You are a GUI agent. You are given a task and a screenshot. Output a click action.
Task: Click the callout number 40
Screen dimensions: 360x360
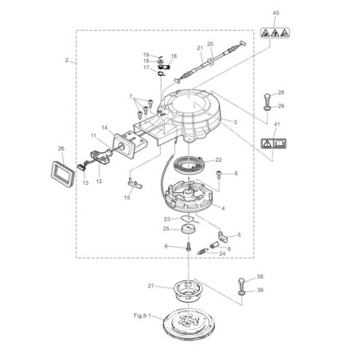coord(276,13)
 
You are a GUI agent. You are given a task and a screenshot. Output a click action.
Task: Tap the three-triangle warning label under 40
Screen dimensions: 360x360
coord(275,33)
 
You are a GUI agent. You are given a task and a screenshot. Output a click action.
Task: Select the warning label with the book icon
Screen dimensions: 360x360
coord(273,143)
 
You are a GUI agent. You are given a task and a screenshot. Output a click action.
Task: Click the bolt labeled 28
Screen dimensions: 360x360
coord(268,99)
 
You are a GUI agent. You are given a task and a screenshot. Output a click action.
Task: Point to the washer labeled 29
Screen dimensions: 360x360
coord(268,108)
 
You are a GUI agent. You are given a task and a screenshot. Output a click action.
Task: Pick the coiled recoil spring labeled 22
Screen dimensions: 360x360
coord(188,165)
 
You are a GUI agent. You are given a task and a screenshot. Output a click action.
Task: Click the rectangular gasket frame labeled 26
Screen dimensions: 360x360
coord(63,174)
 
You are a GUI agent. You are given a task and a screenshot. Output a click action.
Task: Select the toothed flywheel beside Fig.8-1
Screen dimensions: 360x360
coord(188,323)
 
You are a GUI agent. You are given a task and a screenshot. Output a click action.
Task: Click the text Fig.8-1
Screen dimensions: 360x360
coord(143,315)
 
